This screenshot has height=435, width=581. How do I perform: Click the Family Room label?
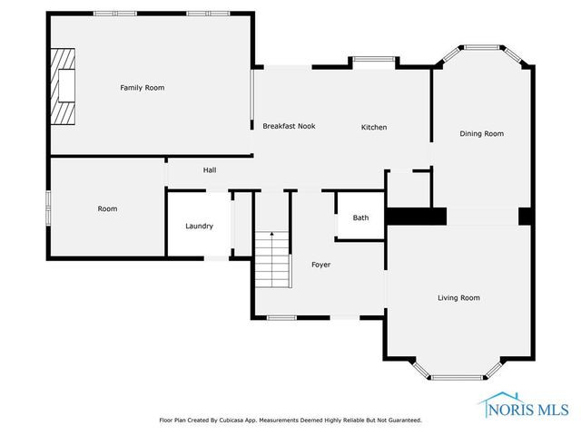(143, 87)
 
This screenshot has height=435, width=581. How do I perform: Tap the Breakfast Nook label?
(289, 126)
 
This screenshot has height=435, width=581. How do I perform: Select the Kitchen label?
(374, 127)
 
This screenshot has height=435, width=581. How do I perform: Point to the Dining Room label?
(481, 133)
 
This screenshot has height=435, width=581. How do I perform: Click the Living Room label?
(458, 297)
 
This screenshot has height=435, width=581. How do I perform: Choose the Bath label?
(360, 217)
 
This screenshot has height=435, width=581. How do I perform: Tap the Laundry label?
(199, 226)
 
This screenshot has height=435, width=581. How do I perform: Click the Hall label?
(209, 169)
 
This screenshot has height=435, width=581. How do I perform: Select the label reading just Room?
(107, 208)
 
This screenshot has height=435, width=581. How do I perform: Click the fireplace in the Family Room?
(64, 87)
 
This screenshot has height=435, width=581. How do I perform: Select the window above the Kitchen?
(373, 61)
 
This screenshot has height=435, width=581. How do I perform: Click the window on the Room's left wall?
(49, 205)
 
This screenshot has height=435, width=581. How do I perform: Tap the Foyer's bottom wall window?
(282, 317)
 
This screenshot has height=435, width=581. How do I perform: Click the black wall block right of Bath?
(417, 217)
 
